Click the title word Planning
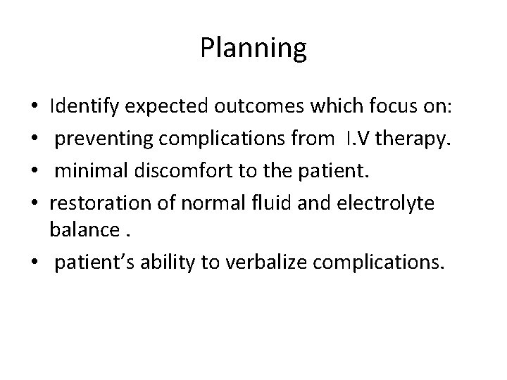click(x=254, y=49)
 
